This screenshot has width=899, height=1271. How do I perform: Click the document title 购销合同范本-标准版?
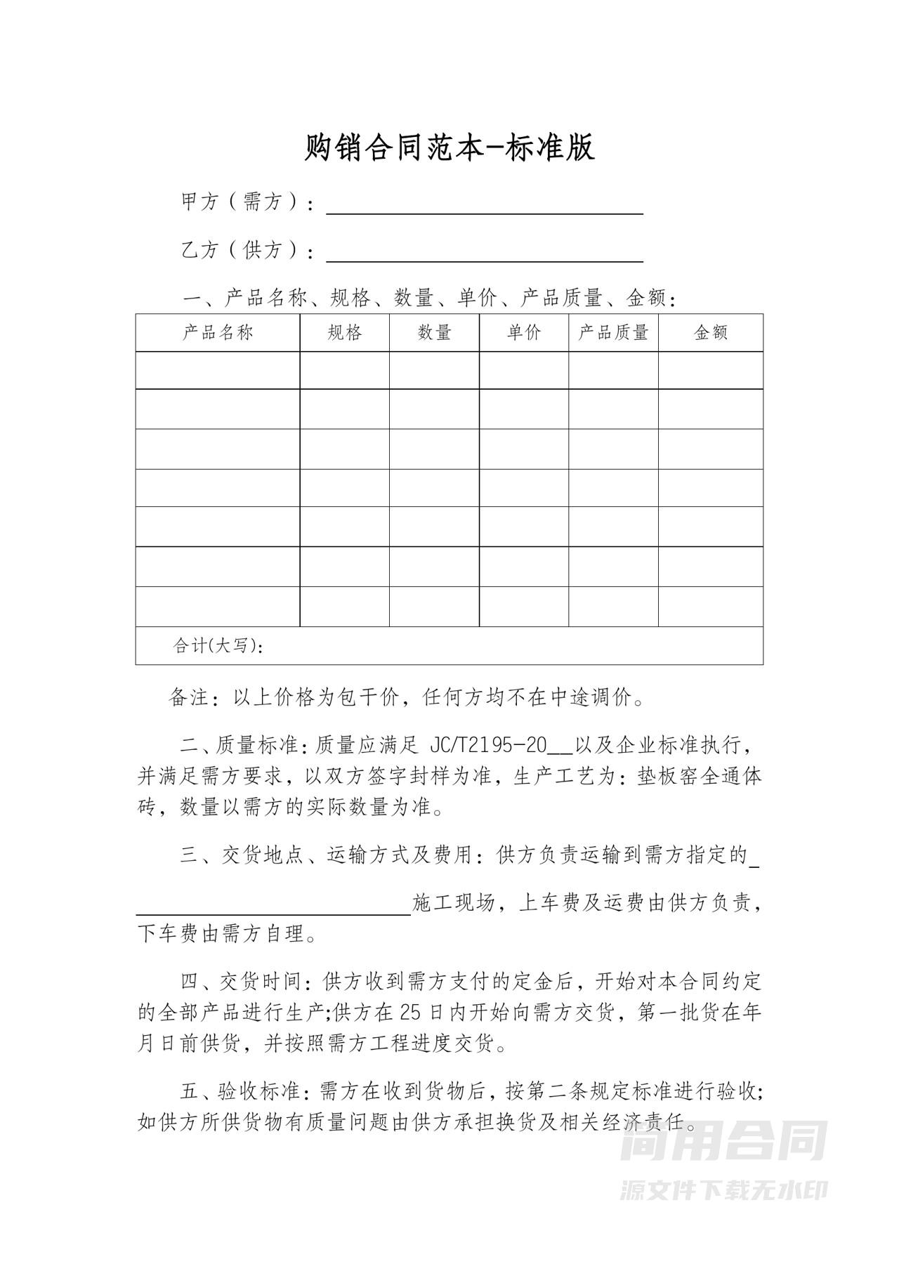pyautogui.click(x=449, y=147)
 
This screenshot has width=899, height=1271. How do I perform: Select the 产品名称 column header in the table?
pyautogui.click(x=218, y=333)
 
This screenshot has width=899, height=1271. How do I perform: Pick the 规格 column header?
pyautogui.click(x=344, y=333)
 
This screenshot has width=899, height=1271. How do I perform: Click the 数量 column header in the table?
pyautogui.click(x=434, y=333)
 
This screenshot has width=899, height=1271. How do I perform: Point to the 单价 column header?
pyautogui.click(x=524, y=333)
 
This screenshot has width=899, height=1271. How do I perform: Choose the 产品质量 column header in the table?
pyautogui.click(x=613, y=333)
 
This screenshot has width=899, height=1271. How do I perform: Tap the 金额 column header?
pyautogui.click(x=711, y=333)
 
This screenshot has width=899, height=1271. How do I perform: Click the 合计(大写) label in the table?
pyautogui.click(x=218, y=646)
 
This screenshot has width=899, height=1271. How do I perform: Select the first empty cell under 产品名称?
pyautogui.click(x=218, y=370)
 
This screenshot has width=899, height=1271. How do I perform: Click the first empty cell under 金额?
pyautogui.click(x=711, y=370)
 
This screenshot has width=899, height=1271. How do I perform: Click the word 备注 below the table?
pyautogui.click(x=189, y=698)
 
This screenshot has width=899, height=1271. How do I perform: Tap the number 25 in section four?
pyautogui.click(x=410, y=1013)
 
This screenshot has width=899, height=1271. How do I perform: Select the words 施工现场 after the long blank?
pyautogui.click(x=454, y=903)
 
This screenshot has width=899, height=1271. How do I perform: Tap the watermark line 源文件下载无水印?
pyautogui.click(x=723, y=1190)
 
